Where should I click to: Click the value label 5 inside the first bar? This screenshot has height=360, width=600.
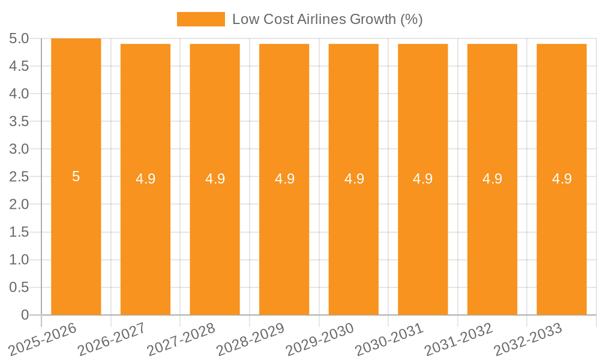76,176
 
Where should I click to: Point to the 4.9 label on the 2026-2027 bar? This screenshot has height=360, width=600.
145,179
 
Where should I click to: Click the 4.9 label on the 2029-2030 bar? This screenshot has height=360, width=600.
354,179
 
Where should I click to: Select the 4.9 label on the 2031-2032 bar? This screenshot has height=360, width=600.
493,179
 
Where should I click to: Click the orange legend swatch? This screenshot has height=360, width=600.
200,19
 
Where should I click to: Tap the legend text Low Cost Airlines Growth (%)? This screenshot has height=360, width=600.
328,19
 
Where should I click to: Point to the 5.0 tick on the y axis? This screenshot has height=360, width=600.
19,39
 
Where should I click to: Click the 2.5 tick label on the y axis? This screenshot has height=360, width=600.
19,177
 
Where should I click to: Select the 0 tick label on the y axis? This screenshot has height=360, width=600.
25,315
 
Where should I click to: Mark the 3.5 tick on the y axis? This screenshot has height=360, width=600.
19,122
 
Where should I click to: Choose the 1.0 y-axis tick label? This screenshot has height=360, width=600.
19,260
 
